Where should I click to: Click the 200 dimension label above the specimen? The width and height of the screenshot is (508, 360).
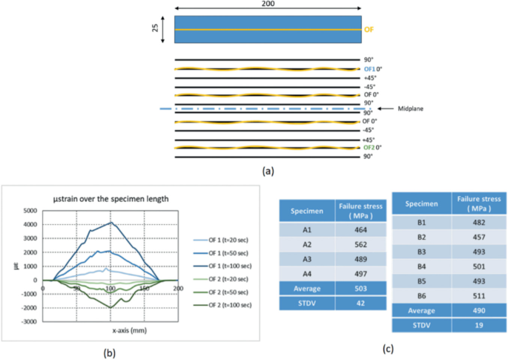[x=267, y=6]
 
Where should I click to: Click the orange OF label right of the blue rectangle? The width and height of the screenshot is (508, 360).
[x=369, y=30]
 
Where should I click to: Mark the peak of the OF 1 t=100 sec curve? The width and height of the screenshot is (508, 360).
[x=110, y=222]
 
